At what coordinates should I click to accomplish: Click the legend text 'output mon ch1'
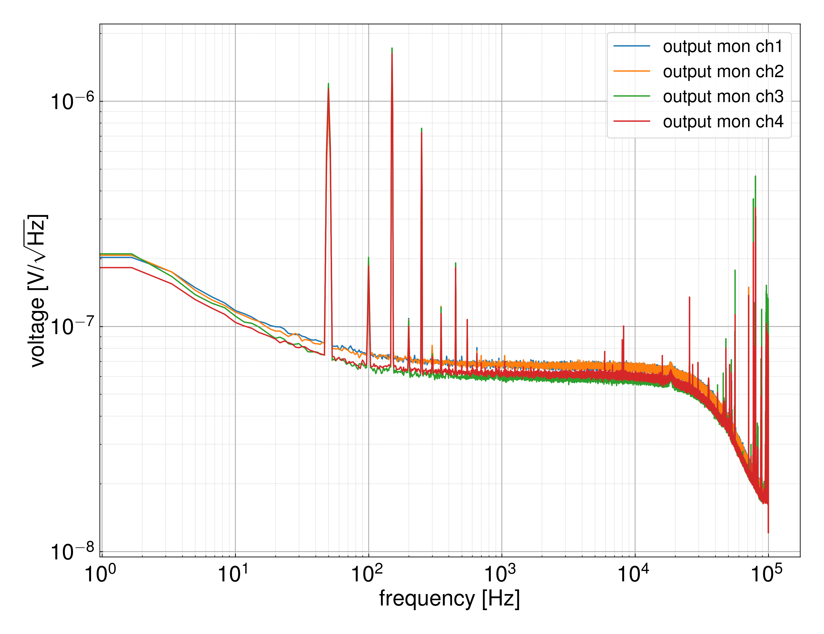(x=723, y=46)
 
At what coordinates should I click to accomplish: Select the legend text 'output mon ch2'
(x=723, y=72)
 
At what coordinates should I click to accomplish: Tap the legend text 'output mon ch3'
(x=723, y=97)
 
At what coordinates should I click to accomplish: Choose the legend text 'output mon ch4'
(x=723, y=122)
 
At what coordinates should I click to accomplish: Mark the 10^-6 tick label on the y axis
(x=72, y=101)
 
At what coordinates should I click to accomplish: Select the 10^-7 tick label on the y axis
(x=72, y=327)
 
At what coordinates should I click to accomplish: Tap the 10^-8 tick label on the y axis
(x=72, y=552)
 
